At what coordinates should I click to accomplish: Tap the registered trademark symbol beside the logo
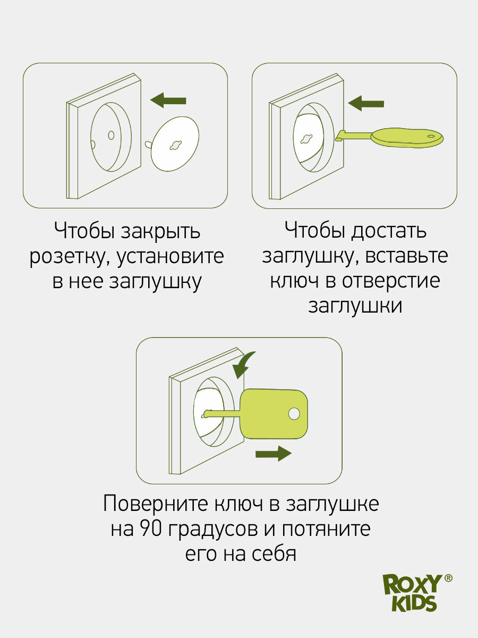(448, 579)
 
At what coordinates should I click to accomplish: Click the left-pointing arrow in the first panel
(168, 99)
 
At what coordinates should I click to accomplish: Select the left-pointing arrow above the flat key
(366, 103)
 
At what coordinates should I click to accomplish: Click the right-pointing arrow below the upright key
(273, 454)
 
